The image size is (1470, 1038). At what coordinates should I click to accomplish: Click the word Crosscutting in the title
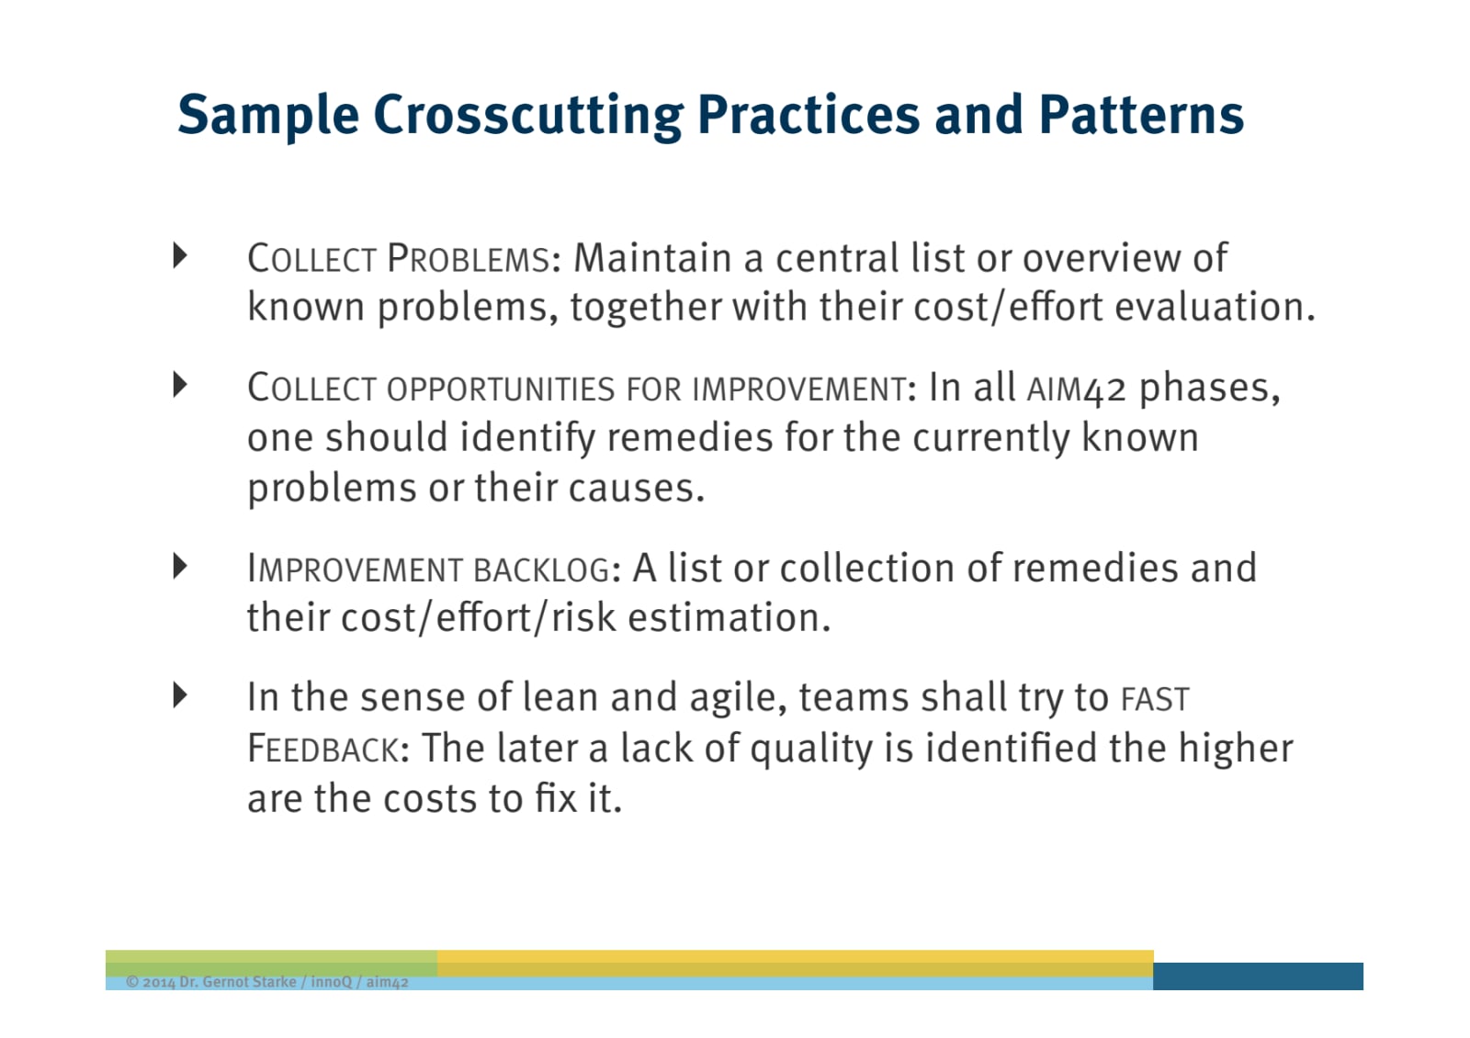(x=528, y=116)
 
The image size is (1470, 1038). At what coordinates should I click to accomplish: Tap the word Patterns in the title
(x=1141, y=115)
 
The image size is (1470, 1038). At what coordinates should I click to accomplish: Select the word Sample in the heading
(x=268, y=117)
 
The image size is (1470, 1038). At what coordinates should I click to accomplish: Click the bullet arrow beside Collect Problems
(x=180, y=255)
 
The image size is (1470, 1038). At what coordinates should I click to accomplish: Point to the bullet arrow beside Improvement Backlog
(x=180, y=566)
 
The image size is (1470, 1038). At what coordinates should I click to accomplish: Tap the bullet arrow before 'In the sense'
(x=180, y=694)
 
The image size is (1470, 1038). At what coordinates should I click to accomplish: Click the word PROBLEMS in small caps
(x=468, y=258)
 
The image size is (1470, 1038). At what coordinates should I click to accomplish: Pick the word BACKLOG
(x=541, y=570)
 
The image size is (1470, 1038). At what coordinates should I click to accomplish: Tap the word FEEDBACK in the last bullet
(x=322, y=749)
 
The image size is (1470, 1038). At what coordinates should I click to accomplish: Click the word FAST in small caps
(x=1155, y=699)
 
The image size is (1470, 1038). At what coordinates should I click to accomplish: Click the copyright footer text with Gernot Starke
(x=267, y=982)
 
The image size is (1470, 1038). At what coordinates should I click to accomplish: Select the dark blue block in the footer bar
(x=1258, y=976)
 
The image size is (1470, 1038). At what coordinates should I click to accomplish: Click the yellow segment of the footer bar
(x=796, y=964)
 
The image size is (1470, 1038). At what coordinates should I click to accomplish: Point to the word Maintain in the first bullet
(x=652, y=257)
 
